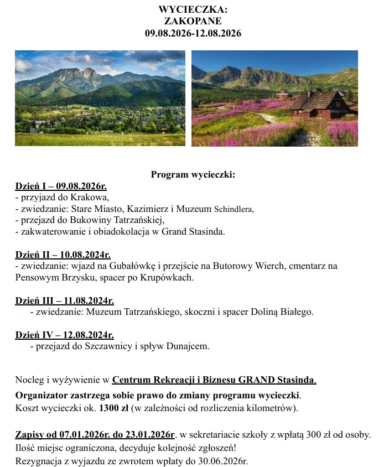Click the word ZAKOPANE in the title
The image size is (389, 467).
(x=193, y=22)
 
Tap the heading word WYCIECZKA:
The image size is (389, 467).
(x=193, y=10)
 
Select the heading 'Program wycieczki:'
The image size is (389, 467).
(x=193, y=175)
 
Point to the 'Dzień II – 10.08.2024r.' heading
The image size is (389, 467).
(x=63, y=255)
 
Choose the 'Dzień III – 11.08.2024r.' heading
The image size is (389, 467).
(x=64, y=300)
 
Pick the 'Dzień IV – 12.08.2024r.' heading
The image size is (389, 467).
(x=64, y=335)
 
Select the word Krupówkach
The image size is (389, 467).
(x=166, y=278)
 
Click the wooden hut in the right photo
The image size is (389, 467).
(x=317, y=103)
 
